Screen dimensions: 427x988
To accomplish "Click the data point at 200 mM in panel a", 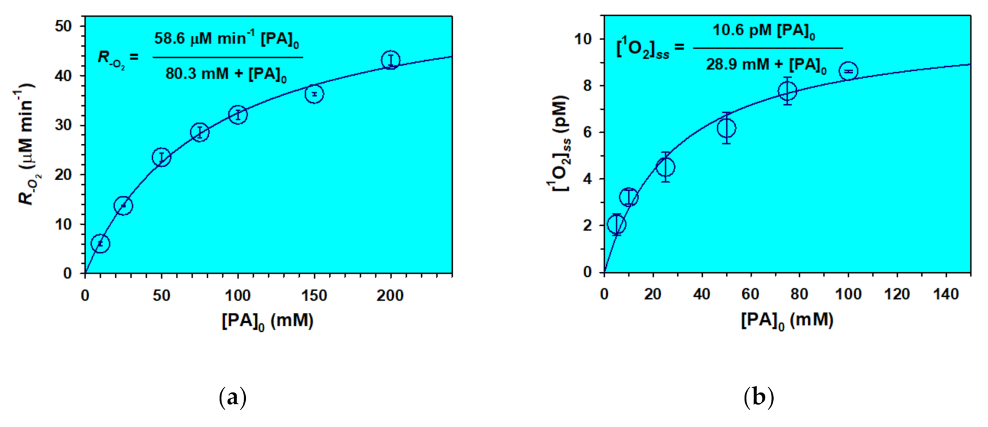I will (391, 60).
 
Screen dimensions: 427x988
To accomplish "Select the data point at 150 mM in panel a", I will (314, 94).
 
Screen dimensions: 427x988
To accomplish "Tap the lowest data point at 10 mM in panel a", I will (100, 244).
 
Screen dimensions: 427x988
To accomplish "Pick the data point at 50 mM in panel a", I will (161, 158).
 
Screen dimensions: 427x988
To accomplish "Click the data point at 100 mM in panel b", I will (848, 72).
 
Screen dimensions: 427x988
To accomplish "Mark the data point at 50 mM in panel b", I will (726, 128).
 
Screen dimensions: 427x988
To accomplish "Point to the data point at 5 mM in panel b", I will (617, 225).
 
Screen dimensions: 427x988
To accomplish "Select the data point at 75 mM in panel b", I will (787, 91).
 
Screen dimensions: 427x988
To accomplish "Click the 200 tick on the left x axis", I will (390, 295).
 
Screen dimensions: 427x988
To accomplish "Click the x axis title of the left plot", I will (268, 321).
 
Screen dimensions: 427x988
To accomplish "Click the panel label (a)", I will (232, 398).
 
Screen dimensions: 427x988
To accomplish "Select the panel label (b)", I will (759, 398).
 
